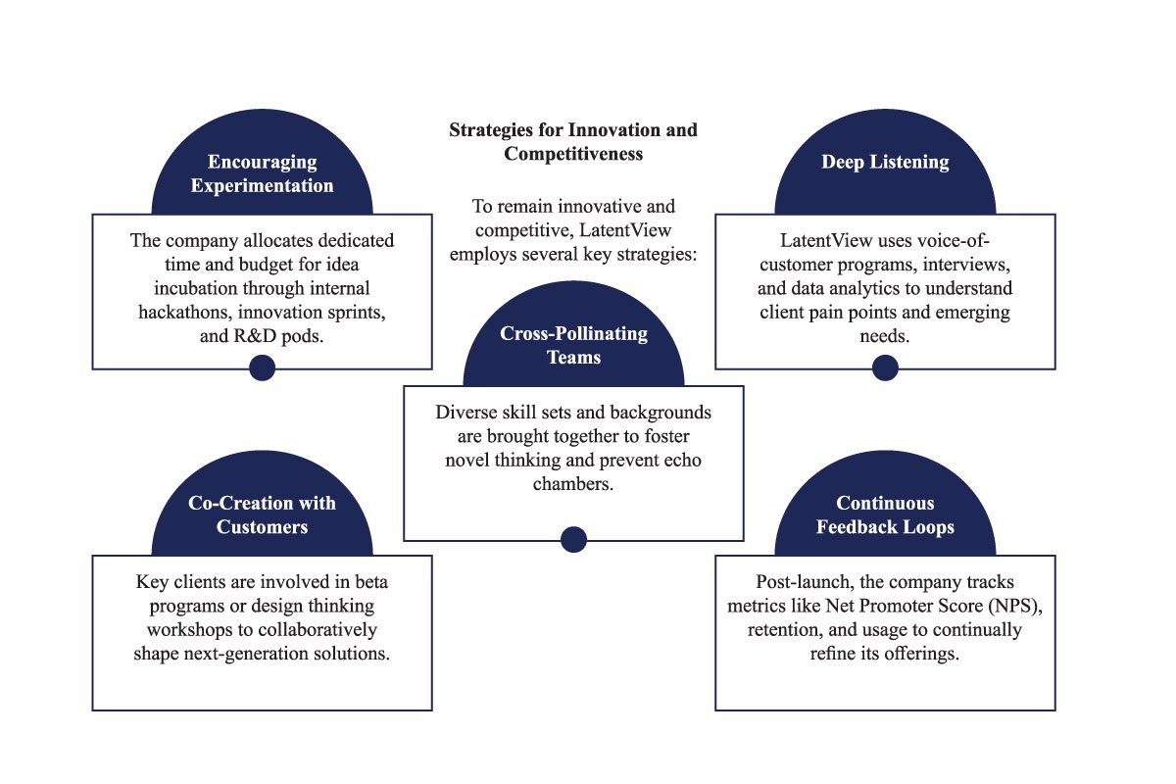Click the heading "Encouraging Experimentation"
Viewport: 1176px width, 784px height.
pyautogui.click(x=262, y=173)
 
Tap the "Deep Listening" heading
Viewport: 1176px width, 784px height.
pyautogui.click(x=885, y=162)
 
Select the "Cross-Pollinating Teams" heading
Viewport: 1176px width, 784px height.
pyautogui.click(x=573, y=345)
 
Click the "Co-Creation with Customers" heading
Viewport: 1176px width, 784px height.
pyautogui.click(x=262, y=514)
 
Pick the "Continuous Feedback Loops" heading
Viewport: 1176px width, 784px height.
pyautogui.click(x=885, y=514)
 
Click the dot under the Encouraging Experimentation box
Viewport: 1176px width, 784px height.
pyautogui.click(x=262, y=367)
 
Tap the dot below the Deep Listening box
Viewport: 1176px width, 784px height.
pyautogui.click(x=885, y=367)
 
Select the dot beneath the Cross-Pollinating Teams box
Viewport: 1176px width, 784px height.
pyautogui.click(x=573, y=539)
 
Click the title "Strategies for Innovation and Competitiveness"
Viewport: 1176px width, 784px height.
pyautogui.click(x=573, y=141)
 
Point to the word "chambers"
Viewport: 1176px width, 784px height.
pyautogui.click(x=573, y=484)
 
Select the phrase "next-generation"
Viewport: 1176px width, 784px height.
pyautogui.click(x=240, y=653)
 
